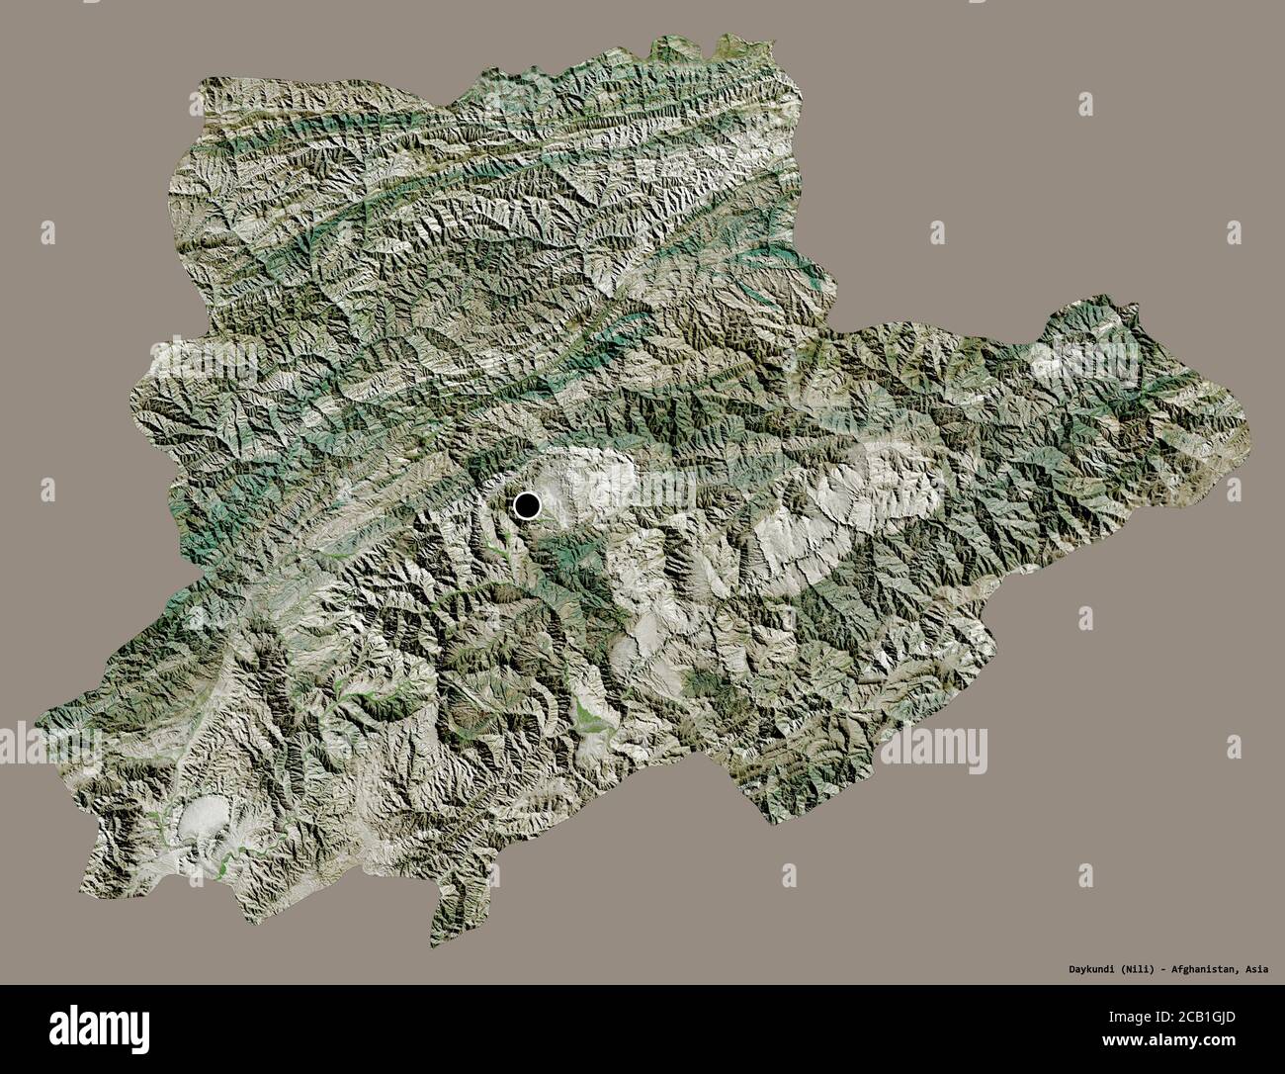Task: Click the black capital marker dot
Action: click(527, 506)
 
